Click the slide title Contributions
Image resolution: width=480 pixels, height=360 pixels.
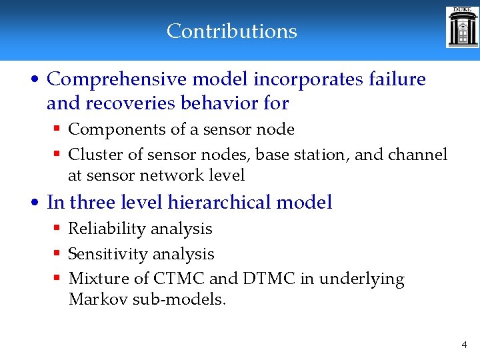[x=231, y=31]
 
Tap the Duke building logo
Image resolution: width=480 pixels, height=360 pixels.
[x=462, y=28]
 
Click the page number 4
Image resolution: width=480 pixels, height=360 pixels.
[x=464, y=345]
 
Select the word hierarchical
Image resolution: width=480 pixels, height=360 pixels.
[x=215, y=202]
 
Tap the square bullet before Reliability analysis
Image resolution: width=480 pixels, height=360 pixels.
[x=58, y=229]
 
